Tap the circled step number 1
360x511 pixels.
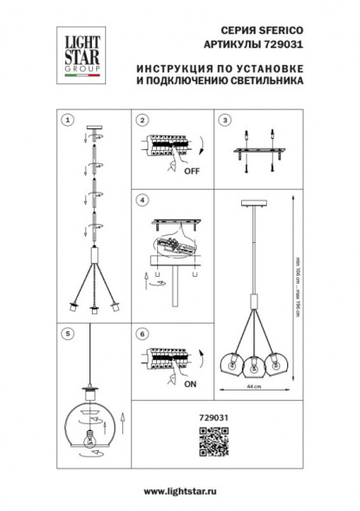pos(69,119)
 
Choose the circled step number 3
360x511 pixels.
pos(224,119)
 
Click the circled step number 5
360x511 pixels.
pos(69,331)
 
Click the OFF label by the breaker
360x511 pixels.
pos(192,171)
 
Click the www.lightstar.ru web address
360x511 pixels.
pos(180,492)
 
